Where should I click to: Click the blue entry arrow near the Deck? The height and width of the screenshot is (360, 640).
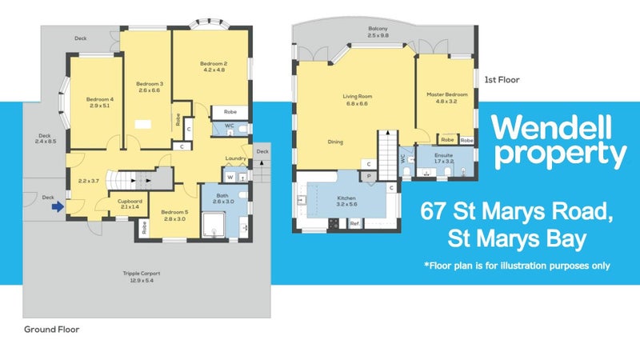pyautogui.click(x=56, y=206)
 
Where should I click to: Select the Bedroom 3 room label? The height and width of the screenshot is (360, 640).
pyautogui.click(x=149, y=84)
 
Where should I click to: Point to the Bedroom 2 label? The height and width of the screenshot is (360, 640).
pyautogui.click(x=214, y=64)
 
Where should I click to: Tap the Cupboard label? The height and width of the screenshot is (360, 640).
pyautogui.click(x=129, y=201)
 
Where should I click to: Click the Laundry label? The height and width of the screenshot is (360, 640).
pyautogui.click(x=234, y=158)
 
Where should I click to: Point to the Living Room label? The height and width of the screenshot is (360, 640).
pyautogui.click(x=358, y=97)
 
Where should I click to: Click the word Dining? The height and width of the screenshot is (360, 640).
pyautogui.click(x=335, y=142)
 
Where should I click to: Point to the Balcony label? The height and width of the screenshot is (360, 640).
pyautogui.click(x=378, y=29)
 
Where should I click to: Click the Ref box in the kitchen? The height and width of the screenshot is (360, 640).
pyautogui.click(x=354, y=223)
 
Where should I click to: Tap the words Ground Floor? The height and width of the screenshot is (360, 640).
pyautogui.click(x=51, y=329)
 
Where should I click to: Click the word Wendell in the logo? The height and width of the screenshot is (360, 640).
pyautogui.click(x=553, y=127)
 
